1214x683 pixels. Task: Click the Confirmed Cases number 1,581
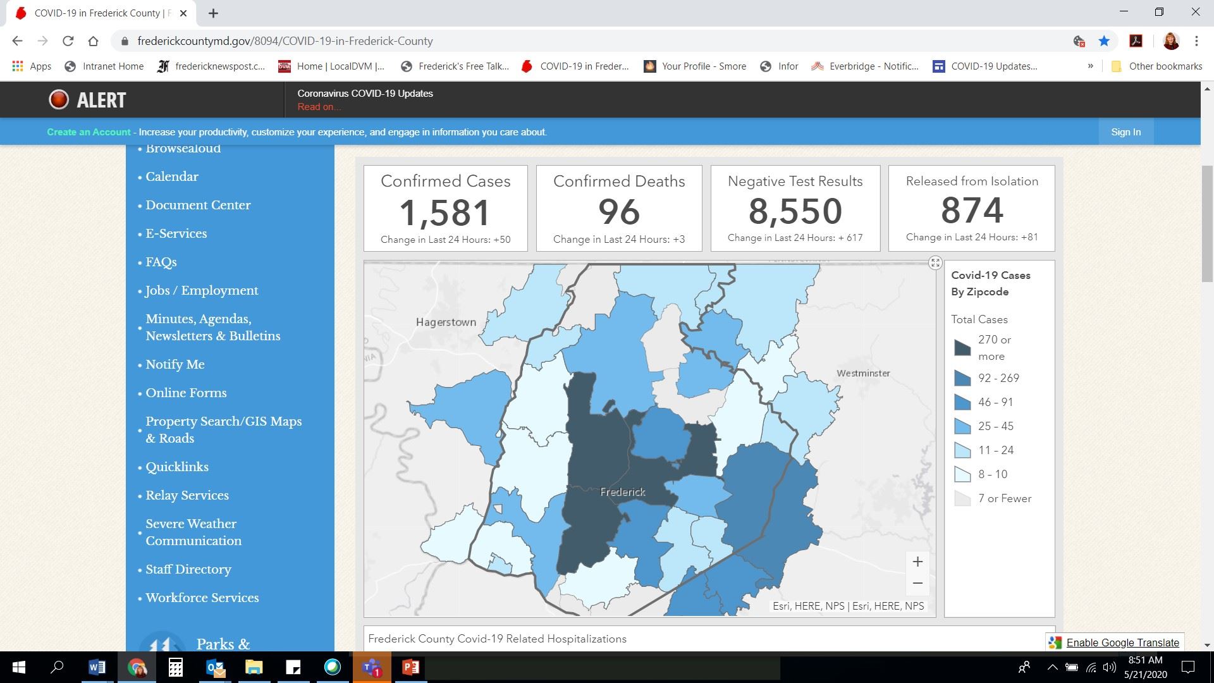445,212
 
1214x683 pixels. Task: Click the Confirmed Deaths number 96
619,212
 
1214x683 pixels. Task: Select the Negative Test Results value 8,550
795,211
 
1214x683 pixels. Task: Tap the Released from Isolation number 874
972,211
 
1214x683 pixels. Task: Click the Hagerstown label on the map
446,322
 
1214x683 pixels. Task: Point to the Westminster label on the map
863,373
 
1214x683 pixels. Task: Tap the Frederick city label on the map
623,492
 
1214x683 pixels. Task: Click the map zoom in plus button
917,562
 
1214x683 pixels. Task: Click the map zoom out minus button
917,583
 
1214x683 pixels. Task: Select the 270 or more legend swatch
962,348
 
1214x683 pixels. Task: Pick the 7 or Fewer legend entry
1004,498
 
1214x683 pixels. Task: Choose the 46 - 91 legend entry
995,402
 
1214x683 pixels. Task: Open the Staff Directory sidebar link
188,569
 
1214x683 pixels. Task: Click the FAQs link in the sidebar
161,262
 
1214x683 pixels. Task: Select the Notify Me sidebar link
175,364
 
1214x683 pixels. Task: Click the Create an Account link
89,132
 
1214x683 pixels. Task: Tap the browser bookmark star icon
1104,41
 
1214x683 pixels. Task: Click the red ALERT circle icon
59,100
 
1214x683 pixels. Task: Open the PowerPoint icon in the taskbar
411,667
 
